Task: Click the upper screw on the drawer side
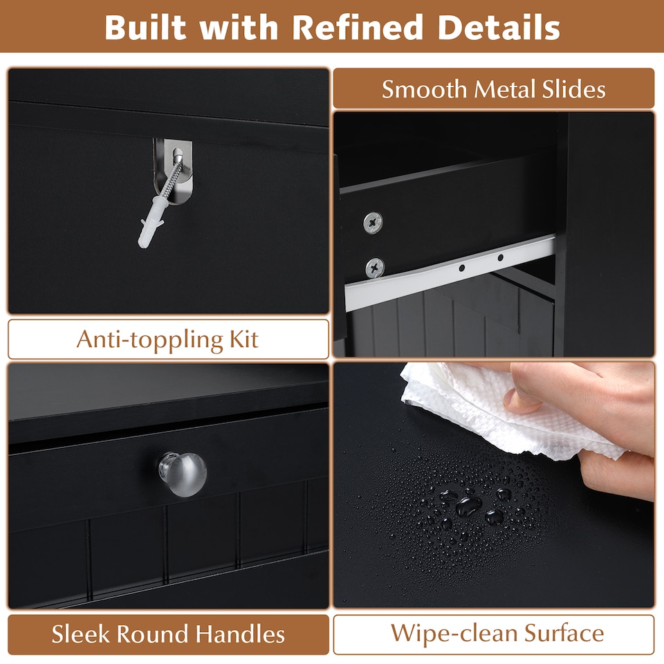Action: pyautogui.click(x=374, y=221)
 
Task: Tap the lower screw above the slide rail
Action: pyautogui.click(x=374, y=266)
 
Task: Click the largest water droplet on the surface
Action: pyautogui.click(x=470, y=504)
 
